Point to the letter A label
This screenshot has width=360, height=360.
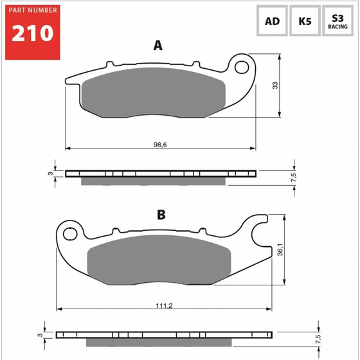(x=158, y=46)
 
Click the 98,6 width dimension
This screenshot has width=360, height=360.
(x=160, y=144)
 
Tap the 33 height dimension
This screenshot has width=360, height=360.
(x=274, y=86)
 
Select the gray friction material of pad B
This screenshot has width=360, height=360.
(x=158, y=258)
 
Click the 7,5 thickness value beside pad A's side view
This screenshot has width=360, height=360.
(x=294, y=177)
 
